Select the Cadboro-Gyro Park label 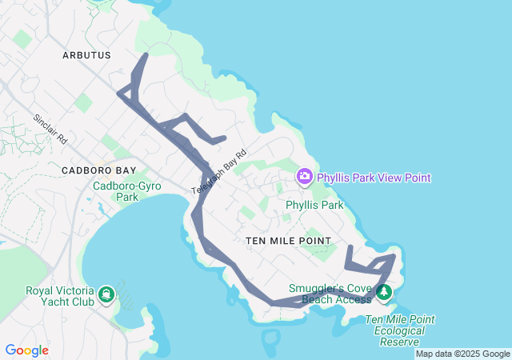[127, 191]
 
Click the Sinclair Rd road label [50, 129]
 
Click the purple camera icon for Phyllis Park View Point [304, 177]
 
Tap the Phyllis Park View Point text [374, 178]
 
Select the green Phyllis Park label [314, 206]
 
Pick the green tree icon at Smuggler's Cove [385, 293]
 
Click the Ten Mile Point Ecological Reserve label [399, 330]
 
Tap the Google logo [27, 350]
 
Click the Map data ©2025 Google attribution [462, 354]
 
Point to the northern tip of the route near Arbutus [146, 55]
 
